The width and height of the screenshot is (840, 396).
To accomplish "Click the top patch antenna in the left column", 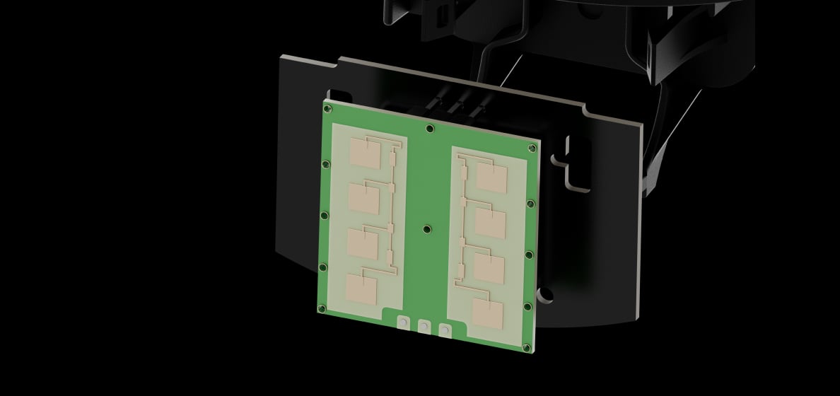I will click(x=366, y=152).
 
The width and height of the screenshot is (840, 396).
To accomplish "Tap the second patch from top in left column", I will click(x=364, y=197).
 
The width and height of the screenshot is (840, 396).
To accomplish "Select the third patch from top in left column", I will click(x=363, y=242).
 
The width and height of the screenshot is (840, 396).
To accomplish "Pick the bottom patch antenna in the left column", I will click(x=361, y=289).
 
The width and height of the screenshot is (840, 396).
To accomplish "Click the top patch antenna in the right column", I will click(x=491, y=177).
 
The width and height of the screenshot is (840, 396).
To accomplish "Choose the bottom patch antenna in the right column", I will click(x=487, y=314).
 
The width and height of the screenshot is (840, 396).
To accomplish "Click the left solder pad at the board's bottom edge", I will click(x=402, y=323).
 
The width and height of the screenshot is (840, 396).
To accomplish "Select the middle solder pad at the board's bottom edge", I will click(x=424, y=327).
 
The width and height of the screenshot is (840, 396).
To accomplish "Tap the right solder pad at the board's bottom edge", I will click(x=445, y=330).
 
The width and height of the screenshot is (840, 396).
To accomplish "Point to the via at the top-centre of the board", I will click(x=430, y=128).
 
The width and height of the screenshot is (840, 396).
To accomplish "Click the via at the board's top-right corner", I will click(x=532, y=148).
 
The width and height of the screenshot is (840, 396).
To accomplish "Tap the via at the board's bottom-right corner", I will click(x=525, y=345).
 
